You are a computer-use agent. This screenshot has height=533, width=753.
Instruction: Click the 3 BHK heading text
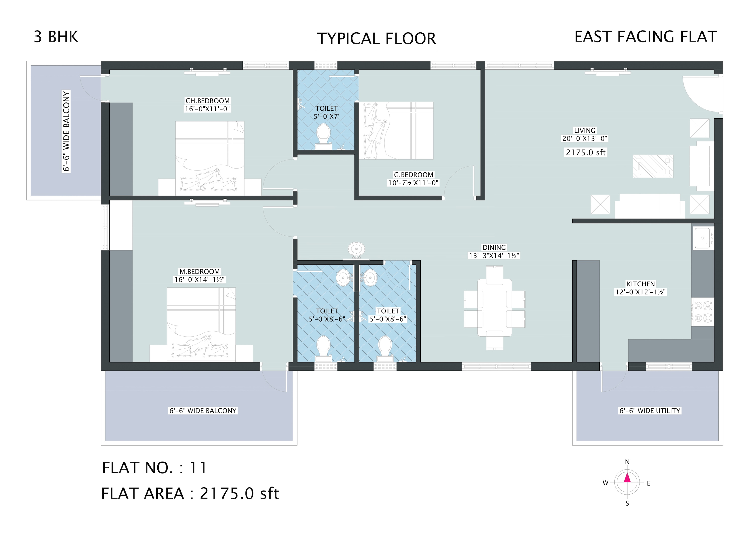pos(56,36)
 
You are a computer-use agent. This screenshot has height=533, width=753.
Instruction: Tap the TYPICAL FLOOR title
pos(376,38)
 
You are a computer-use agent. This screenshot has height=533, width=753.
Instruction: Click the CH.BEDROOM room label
pos(208,101)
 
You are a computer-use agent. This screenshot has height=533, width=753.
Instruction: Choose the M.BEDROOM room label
pos(199,272)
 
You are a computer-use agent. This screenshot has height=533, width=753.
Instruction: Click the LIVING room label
pos(585,130)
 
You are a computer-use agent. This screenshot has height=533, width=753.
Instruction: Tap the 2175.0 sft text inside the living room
pos(586,152)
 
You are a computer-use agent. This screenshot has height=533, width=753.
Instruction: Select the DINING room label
pos(494,247)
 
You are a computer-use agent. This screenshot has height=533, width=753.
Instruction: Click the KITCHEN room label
pos(641,284)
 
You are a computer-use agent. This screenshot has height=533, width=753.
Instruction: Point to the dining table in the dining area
pos(494,307)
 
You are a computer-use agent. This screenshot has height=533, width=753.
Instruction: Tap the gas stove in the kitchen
pos(703,312)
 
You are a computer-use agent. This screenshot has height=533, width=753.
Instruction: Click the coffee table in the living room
pos(653,166)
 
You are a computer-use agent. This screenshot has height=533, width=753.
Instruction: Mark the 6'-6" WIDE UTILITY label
pos(650,411)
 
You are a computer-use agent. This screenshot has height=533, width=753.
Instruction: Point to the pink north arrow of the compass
pos(627,477)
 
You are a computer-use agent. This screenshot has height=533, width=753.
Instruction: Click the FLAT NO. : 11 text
pos(154,468)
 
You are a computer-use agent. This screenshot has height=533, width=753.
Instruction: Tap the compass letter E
pos(649,483)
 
